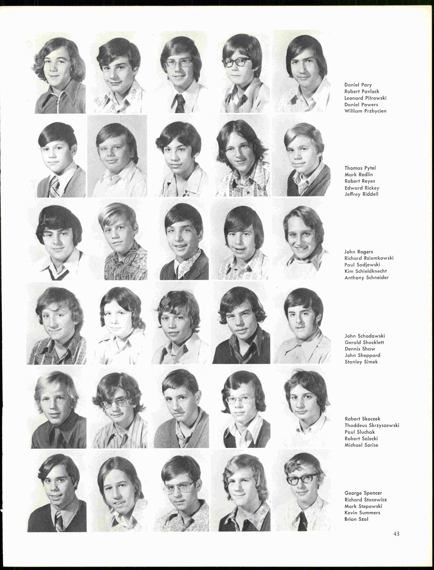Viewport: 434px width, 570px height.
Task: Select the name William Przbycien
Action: point(365,111)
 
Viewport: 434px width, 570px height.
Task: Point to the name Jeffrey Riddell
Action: point(361,194)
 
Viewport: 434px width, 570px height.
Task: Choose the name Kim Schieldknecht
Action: point(366,271)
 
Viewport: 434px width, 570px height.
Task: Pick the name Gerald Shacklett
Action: point(364,342)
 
